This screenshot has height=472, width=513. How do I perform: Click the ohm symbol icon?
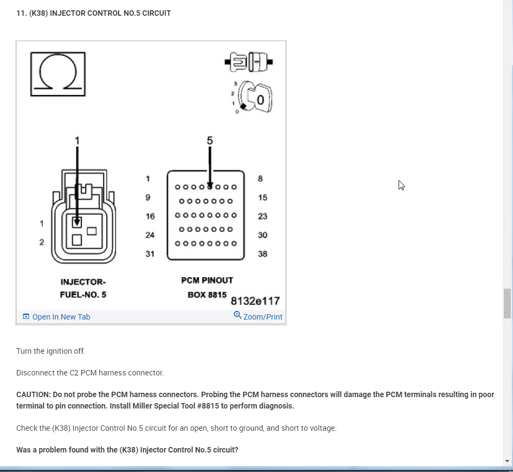pos(57,74)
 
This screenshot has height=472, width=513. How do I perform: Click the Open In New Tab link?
pos(56,317)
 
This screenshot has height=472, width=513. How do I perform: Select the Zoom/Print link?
pos(258,316)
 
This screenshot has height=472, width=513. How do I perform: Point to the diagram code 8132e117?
pos(255,301)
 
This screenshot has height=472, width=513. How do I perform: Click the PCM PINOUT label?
pos(207,280)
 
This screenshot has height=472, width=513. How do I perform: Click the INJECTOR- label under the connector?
pos(83,282)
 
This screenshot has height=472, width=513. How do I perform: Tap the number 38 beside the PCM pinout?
pos(262,254)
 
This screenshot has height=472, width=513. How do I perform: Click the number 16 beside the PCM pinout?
pos(150,216)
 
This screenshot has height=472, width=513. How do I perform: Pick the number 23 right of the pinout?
pos(262,216)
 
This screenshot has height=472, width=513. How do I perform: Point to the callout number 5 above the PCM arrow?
pos(210,141)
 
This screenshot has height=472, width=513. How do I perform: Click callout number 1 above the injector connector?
pos(77,141)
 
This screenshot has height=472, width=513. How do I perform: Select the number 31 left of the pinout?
pos(150,254)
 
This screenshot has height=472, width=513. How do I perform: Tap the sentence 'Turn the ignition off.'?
pos(51,351)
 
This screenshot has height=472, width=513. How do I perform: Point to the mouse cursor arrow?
pos(401,185)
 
